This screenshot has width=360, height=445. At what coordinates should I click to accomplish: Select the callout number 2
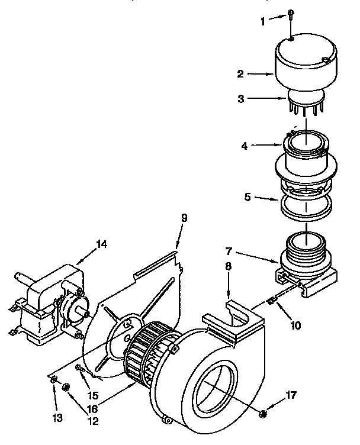[x=241, y=74]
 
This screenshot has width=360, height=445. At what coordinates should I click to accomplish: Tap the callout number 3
[x=241, y=99]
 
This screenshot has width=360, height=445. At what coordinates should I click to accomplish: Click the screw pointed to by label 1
[x=291, y=13]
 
